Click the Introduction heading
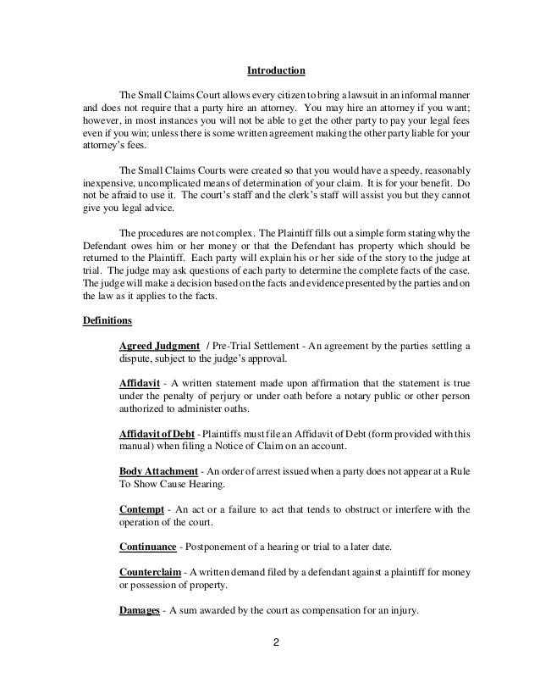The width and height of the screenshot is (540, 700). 269,69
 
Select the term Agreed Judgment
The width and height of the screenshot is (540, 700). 160,347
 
